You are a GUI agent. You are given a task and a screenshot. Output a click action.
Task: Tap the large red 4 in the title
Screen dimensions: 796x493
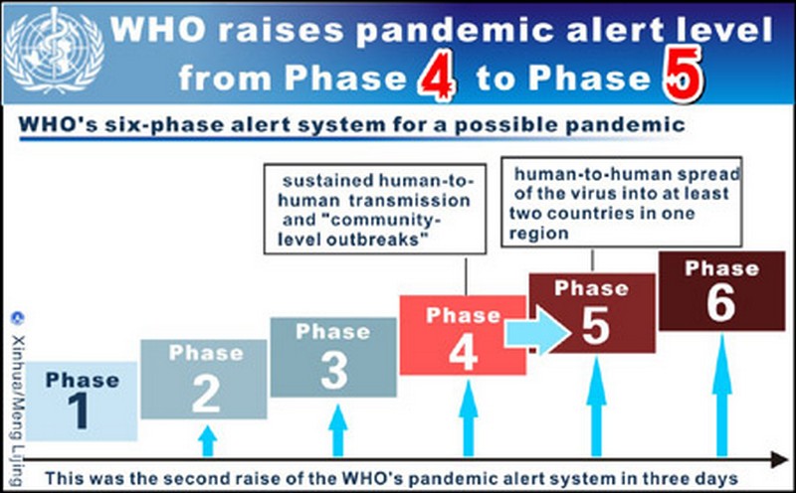pos(437,76)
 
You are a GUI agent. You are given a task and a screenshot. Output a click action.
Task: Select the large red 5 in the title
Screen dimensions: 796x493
pos(684,73)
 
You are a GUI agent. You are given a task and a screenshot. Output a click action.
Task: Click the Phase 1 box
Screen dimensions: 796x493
pos(82,401)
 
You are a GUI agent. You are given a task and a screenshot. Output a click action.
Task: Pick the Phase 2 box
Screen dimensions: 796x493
pos(204,379)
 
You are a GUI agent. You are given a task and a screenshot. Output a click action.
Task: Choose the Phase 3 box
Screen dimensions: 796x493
pos(333,357)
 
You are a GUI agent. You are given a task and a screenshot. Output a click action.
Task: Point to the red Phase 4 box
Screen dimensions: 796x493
pos(463,335)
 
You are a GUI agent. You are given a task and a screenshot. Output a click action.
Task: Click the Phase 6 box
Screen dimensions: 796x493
pos(722,291)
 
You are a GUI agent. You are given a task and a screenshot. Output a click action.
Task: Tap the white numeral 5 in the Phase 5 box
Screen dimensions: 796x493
pos(595,325)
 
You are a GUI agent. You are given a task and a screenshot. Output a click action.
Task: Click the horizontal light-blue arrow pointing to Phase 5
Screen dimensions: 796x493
pos(537,332)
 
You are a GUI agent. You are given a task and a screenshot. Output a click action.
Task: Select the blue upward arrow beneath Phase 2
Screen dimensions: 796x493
pos(207,440)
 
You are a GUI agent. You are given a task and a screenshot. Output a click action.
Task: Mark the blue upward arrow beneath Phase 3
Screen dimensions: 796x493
pos(337,430)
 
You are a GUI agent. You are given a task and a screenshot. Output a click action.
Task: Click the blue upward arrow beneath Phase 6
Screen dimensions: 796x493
pos(722,396)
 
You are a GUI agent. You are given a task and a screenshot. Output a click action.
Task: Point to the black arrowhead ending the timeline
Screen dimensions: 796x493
pos(779,459)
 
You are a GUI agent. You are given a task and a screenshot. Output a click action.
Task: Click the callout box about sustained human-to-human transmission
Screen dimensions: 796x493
pos(375,209)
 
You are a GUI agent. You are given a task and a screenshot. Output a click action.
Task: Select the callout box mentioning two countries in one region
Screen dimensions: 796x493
pos(621,202)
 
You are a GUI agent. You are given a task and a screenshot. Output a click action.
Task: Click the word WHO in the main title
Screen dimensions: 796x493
pos(158,30)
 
